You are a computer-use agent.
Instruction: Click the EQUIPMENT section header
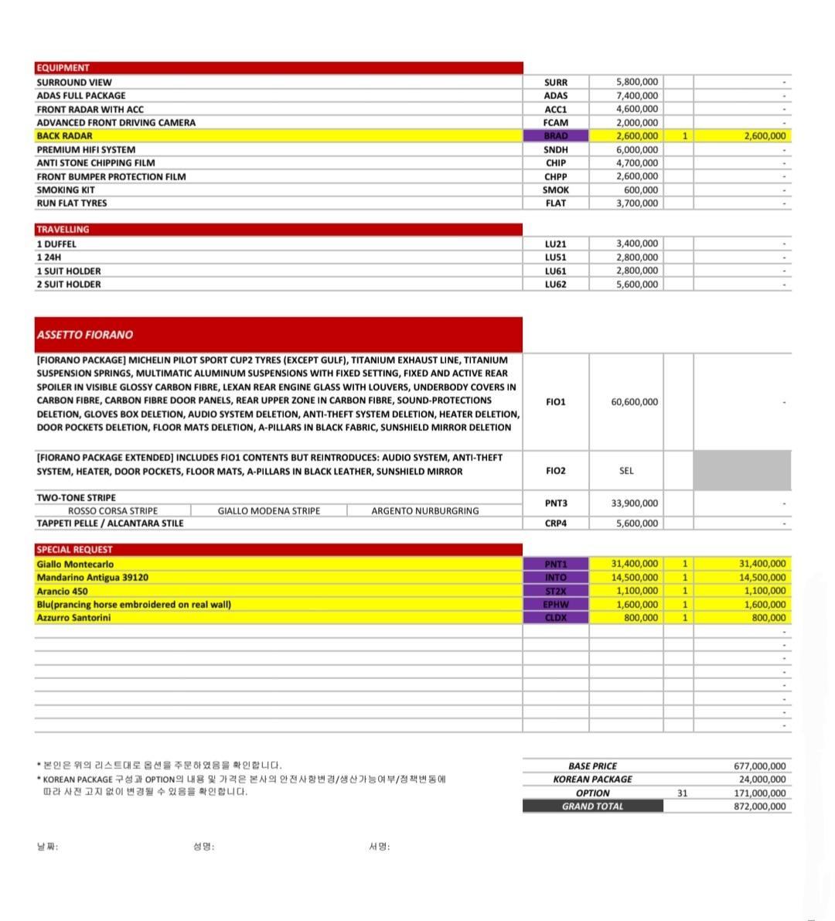click(x=63, y=68)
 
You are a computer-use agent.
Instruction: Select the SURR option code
click(x=555, y=82)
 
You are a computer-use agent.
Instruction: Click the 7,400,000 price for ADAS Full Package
click(x=637, y=96)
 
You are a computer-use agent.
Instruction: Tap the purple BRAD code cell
click(x=555, y=136)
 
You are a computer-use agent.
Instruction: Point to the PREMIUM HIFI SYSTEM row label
click(x=86, y=150)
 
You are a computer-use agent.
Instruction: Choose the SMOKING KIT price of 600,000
click(x=641, y=190)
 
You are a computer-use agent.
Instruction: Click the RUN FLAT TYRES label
click(x=72, y=203)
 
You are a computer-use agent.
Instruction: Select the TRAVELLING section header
click(x=63, y=230)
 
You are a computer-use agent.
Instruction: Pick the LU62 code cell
click(x=555, y=285)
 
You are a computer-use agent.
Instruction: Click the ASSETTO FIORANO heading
click(x=85, y=335)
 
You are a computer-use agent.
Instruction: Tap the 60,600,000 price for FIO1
click(x=634, y=402)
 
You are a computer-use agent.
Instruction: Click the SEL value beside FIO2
click(x=626, y=471)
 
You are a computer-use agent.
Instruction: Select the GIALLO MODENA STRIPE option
click(x=268, y=511)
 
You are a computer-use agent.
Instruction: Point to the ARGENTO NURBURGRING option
click(x=424, y=511)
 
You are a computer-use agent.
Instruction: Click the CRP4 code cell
click(x=555, y=524)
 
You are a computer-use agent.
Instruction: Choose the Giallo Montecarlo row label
click(x=75, y=565)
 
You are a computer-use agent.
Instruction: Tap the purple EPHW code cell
click(x=555, y=605)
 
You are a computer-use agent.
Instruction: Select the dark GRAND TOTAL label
click(x=592, y=807)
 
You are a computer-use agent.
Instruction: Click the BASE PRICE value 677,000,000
click(x=759, y=766)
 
